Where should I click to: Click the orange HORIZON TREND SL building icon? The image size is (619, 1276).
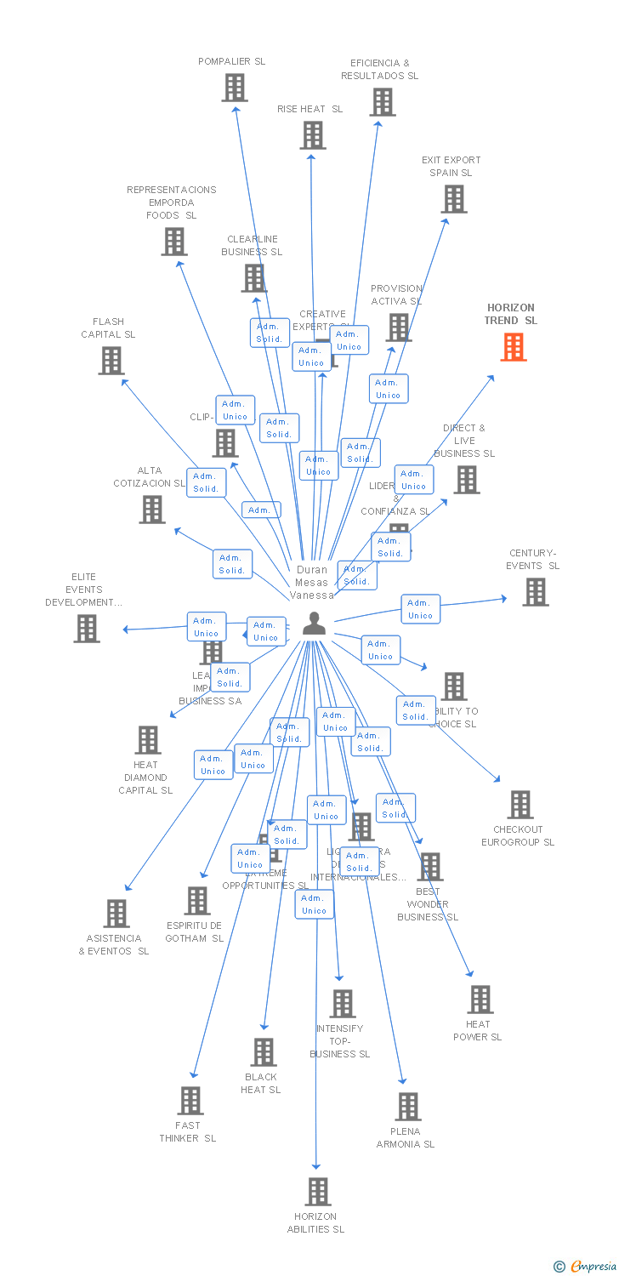514,347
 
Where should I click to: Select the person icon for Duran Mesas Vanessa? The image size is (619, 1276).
314,624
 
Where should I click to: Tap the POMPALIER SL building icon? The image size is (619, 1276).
235,88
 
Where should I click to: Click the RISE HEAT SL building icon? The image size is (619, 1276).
313,135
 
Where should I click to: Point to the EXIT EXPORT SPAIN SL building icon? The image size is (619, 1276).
454,199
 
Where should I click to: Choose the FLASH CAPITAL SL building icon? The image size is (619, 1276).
111,361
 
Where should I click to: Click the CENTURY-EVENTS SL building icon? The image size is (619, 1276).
536,592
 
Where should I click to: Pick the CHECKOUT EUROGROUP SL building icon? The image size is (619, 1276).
520,805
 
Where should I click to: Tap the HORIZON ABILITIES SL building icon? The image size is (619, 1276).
318,1192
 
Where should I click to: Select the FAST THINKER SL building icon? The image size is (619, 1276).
190,1101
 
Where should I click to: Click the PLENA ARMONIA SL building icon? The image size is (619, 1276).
408,1107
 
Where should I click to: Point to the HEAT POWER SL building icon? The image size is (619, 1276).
480,1000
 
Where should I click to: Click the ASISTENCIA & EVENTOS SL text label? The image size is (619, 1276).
114,944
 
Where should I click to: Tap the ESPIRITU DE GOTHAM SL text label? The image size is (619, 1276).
195,931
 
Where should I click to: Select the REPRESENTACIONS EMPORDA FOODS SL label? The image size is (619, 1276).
172,202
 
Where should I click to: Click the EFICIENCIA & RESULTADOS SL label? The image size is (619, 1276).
379,70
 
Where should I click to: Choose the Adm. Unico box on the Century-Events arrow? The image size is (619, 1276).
420,609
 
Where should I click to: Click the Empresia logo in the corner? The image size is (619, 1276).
587,1267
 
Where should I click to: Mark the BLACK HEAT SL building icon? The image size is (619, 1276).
264,1052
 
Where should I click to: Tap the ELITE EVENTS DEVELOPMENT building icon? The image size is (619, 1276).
87,629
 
